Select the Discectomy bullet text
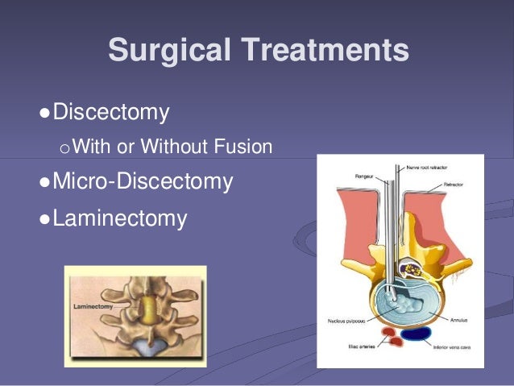pyautogui.click(x=110, y=112)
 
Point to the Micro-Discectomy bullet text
pyautogui.click(x=143, y=181)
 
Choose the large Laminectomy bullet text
pyautogui.click(x=119, y=218)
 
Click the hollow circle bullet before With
pyautogui.click(x=65, y=147)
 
